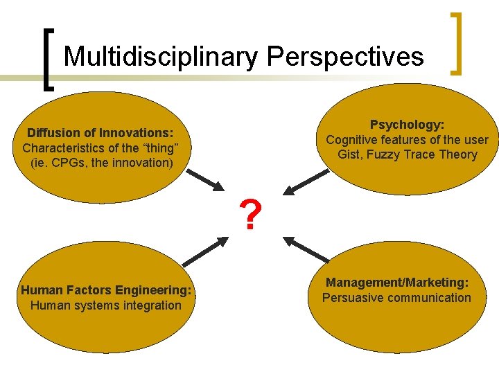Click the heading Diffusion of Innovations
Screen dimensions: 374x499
[x=100, y=133]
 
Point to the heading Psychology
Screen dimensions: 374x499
[x=408, y=125]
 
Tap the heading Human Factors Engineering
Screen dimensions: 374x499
[x=106, y=290]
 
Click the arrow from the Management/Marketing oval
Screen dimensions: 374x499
[x=306, y=249]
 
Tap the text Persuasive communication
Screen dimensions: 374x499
[x=396, y=299]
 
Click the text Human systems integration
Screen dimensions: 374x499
[x=105, y=305]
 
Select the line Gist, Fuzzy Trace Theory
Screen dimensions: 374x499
[x=408, y=155]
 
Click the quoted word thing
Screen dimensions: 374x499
[x=162, y=148]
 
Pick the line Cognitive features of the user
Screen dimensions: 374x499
[x=408, y=140]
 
